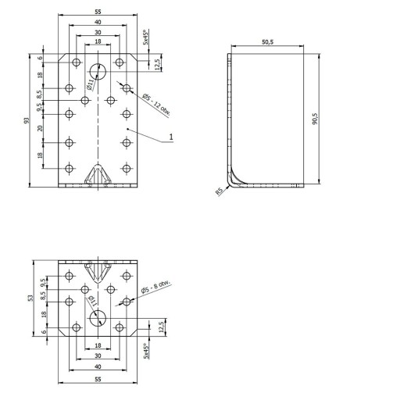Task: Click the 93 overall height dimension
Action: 26,120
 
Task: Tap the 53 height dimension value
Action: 30,298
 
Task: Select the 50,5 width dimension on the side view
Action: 267,41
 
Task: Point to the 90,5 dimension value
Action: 315,119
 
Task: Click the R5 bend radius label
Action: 220,191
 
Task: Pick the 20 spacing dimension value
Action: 40,128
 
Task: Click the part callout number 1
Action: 171,137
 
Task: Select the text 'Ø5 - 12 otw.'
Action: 156,105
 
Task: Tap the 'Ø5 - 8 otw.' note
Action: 155,287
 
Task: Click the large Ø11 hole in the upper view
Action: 98,71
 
